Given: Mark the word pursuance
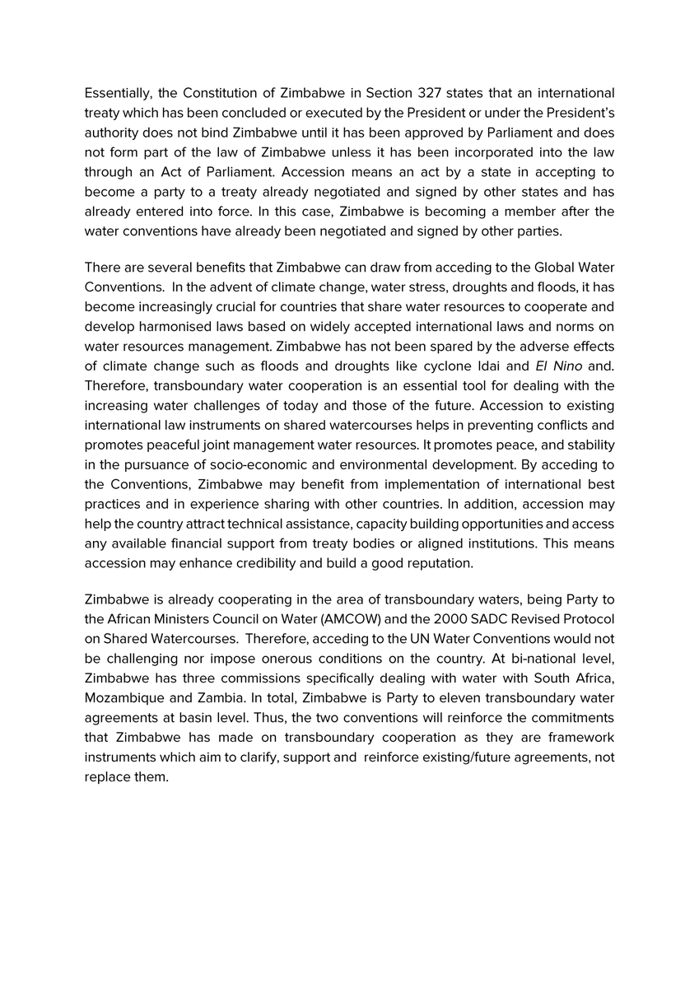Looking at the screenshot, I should [x=172, y=464].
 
